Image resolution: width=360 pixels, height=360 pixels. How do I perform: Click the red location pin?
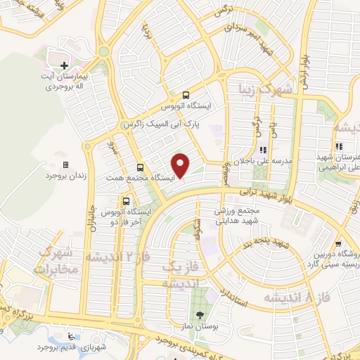tap(181, 165)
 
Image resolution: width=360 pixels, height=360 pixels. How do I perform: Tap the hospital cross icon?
tap(64, 65)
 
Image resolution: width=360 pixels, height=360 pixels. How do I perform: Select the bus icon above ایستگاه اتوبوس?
tap(186, 94)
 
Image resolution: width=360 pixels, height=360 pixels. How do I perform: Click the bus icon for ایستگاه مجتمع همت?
tap(140, 167)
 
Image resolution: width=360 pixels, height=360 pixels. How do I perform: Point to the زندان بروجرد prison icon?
tap(66, 165)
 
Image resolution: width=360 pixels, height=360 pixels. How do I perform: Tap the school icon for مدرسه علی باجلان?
tap(264, 149)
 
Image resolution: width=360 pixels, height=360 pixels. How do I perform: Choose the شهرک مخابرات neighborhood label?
tap(53, 261)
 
